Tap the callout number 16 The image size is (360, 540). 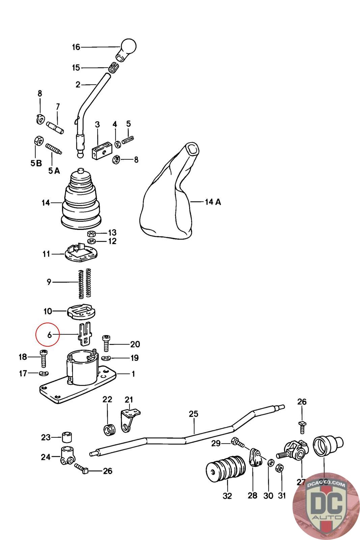(x=76, y=47)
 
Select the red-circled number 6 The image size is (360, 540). (x=49, y=335)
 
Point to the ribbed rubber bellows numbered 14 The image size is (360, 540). (x=81, y=201)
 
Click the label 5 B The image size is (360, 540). (x=36, y=163)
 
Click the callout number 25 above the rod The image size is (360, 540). (x=193, y=414)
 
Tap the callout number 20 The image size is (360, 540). (x=135, y=344)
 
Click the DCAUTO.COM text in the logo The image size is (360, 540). (x=326, y=484)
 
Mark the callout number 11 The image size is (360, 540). (x=46, y=254)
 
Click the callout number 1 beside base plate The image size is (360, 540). (x=133, y=374)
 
